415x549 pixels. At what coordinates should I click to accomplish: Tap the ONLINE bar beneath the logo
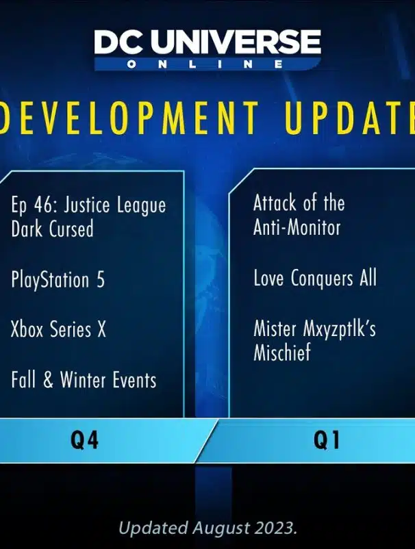coord(207,64)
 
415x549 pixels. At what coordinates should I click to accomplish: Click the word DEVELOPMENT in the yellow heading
coord(129,117)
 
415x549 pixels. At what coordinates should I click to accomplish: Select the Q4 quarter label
coord(84,439)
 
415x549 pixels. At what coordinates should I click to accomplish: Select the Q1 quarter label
coord(327,439)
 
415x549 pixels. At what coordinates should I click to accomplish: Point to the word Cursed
coord(71,229)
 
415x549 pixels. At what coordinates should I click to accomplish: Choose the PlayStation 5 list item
coord(58,280)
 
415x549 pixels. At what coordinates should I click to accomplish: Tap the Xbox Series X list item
coord(58,329)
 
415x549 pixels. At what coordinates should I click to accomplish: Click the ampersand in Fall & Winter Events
coord(49,380)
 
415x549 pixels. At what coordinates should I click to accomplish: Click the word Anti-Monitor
coord(297,227)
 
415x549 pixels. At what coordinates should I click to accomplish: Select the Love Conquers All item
coord(315,279)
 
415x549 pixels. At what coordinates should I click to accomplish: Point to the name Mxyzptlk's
coord(339,330)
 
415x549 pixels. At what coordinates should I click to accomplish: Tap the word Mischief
coord(282,353)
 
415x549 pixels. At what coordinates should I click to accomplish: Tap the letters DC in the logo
coord(120,42)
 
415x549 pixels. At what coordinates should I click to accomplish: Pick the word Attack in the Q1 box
coord(275,203)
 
